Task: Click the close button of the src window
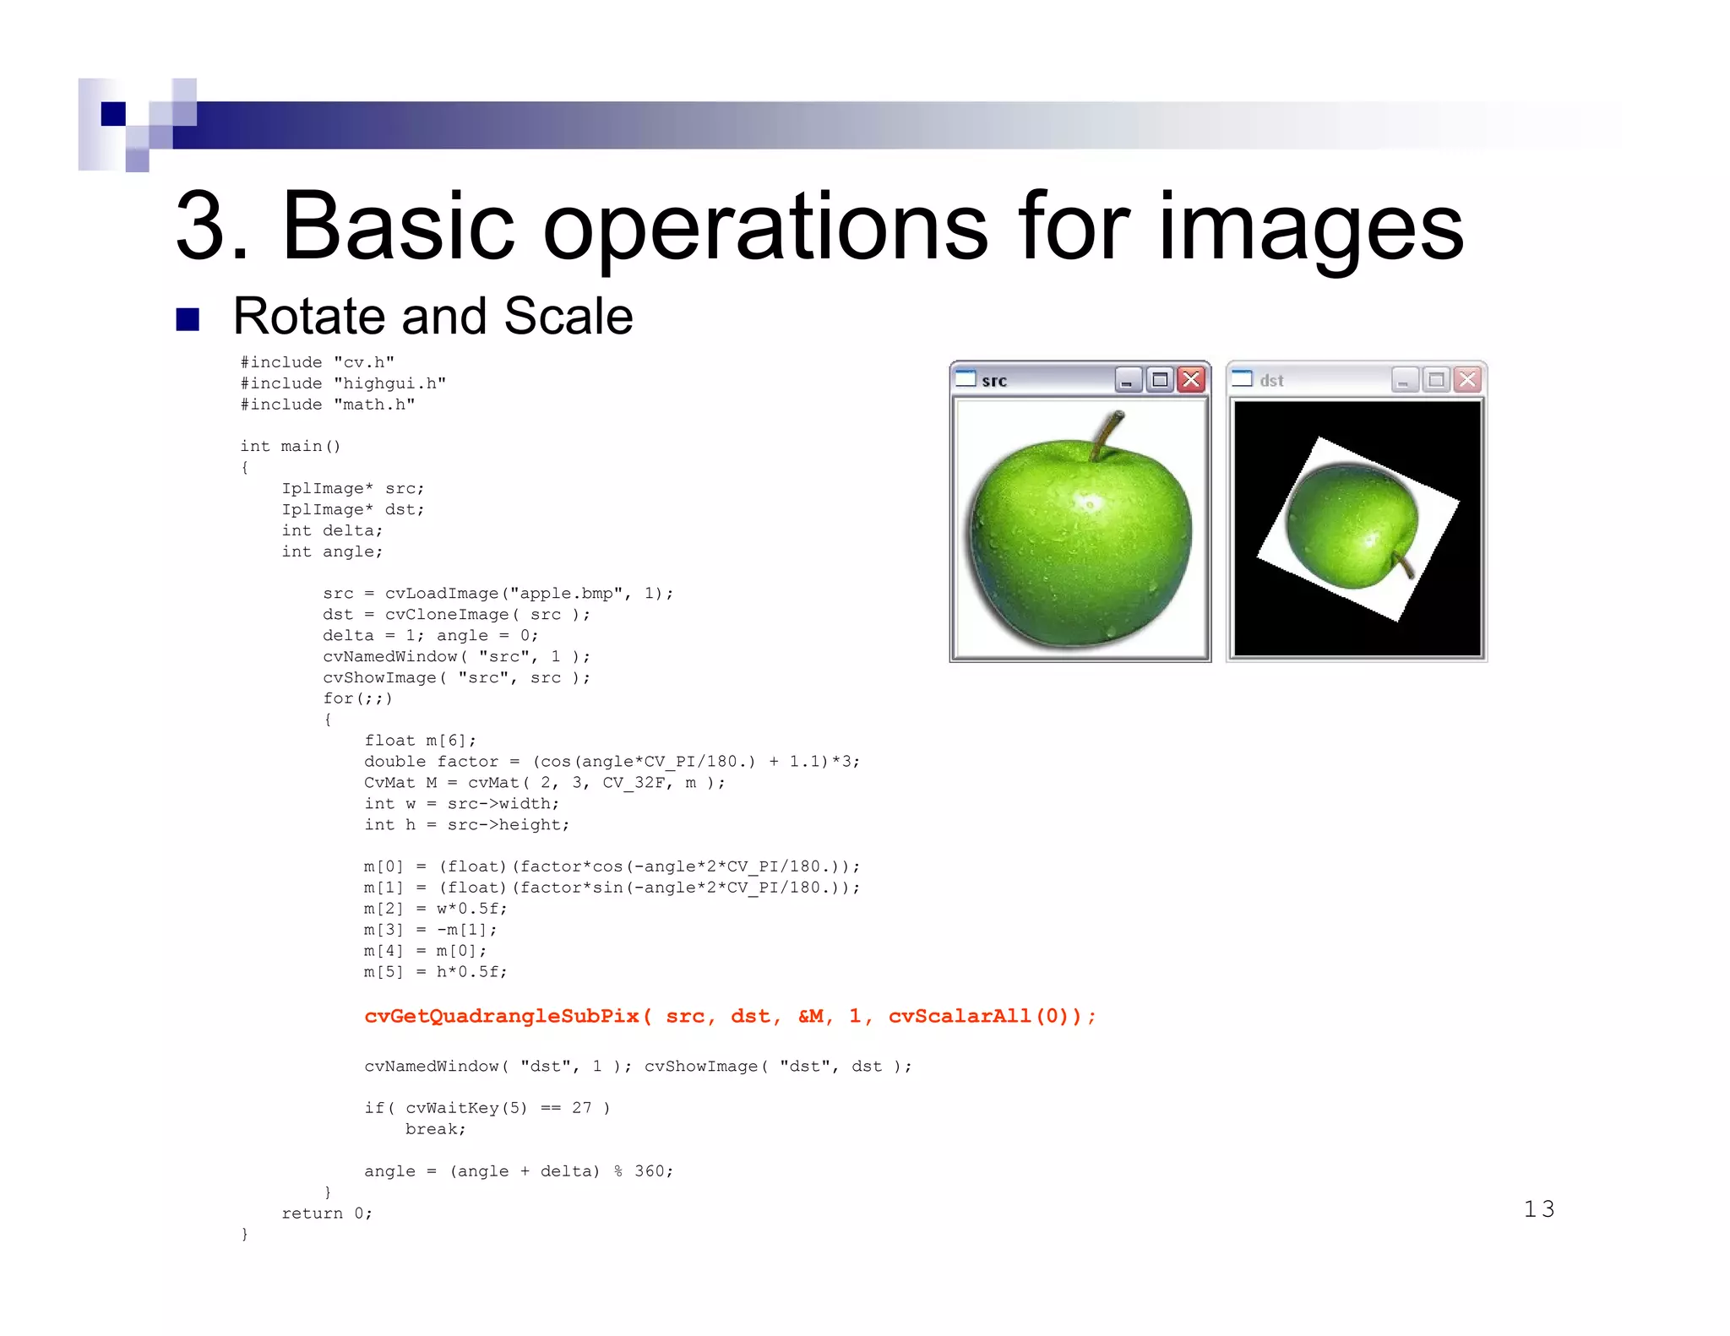click(1191, 380)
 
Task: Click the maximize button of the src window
click(1160, 380)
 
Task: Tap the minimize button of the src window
click(1128, 380)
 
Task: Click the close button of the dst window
click(1468, 380)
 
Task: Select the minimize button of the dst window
click(1404, 380)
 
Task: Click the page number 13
click(1538, 1209)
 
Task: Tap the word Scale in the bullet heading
click(568, 317)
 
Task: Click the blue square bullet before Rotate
click(188, 319)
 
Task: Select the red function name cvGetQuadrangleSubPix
click(502, 1016)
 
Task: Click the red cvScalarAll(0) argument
click(984, 1016)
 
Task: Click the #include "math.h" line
click(328, 405)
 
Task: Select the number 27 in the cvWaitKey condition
click(581, 1108)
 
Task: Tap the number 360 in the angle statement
click(650, 1171)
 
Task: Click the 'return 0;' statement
click(326, 1214)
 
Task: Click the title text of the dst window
click(1271, 381)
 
